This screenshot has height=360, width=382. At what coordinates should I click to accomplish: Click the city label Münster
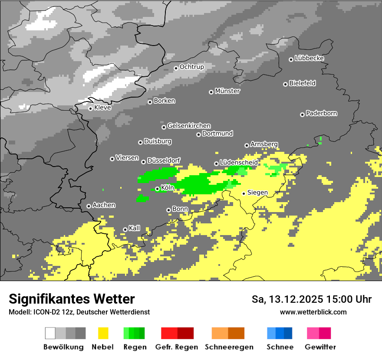coord(227,91)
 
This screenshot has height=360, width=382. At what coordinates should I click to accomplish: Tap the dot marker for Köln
coord(157,189)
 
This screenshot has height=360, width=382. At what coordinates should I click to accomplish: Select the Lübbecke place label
coord(310,58)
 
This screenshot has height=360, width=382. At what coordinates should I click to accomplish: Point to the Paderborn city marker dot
coord(302,115)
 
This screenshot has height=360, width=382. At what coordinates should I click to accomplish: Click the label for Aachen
coord(104,205)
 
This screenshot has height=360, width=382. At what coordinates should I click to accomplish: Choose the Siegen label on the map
coord(257,192)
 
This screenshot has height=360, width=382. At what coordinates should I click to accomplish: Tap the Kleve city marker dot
coord(90,108)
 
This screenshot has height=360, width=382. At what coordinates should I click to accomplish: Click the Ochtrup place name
coord(191,67)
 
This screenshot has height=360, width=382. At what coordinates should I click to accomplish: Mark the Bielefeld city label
coord(302,83)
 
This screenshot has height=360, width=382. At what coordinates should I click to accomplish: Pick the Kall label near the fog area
coord(135,228)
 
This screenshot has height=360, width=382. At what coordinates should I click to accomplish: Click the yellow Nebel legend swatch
coord(103,333)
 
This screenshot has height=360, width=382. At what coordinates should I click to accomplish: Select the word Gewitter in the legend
coord(320,347)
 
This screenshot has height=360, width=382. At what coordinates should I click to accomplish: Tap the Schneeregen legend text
coord(229,347)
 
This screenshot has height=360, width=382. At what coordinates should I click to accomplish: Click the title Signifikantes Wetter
coord(72,299)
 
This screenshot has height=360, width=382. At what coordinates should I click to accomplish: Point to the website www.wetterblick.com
coord(313,312)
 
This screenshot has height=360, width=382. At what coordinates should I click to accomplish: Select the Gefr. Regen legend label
coord(177,347)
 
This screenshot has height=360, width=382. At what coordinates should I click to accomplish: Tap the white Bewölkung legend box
coord(50,333)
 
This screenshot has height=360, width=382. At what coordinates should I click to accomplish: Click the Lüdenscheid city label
coord(239,162)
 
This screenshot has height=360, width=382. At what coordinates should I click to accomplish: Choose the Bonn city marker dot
coord(168,210)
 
